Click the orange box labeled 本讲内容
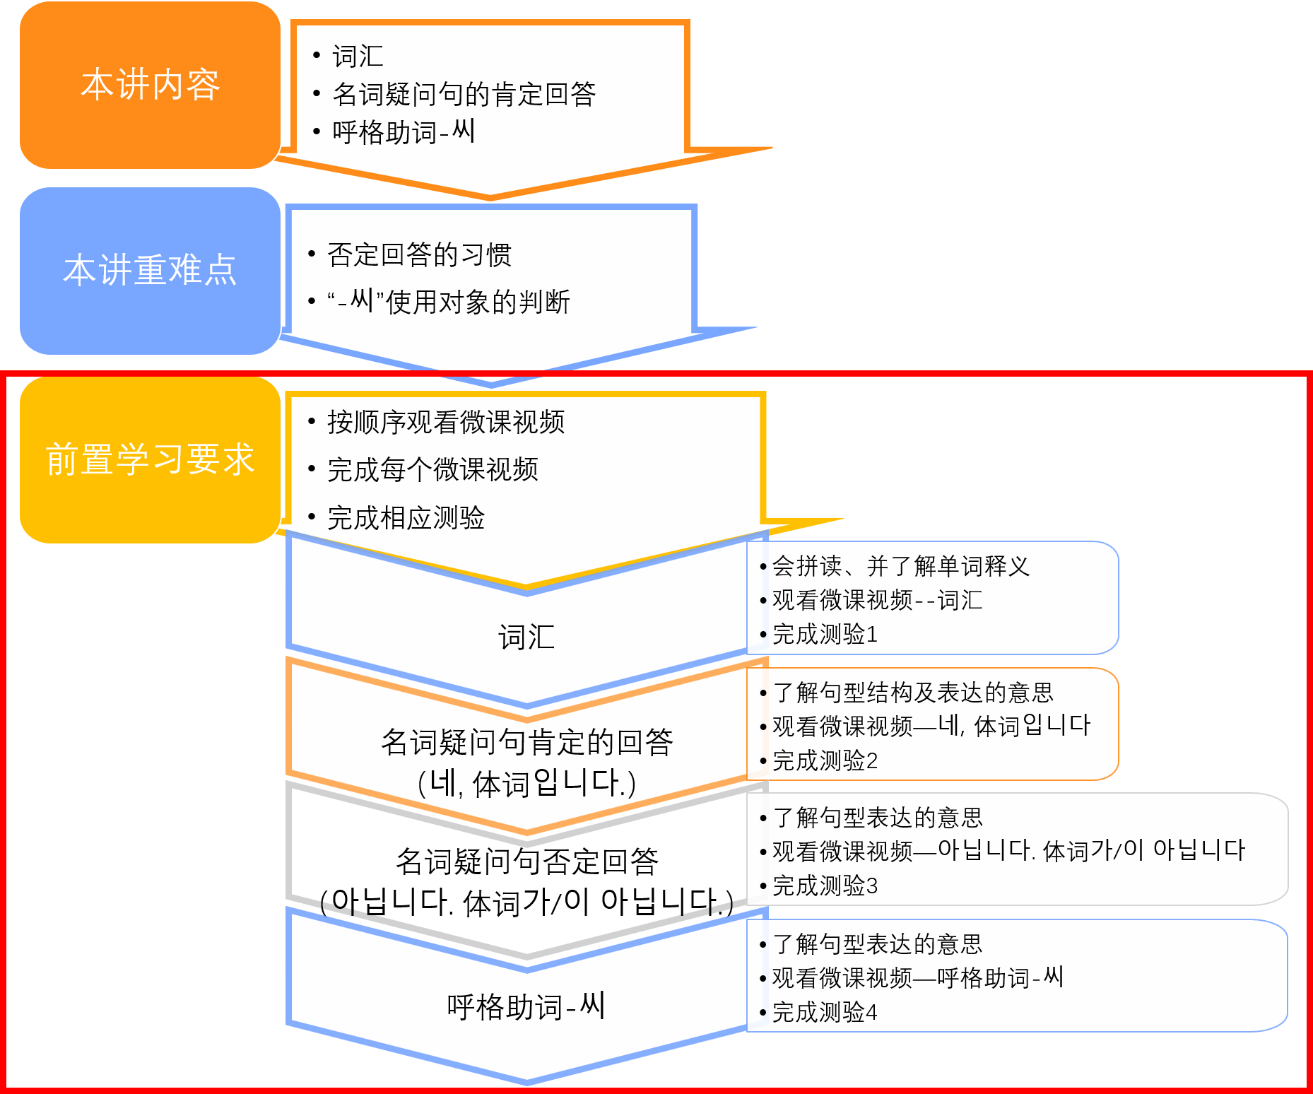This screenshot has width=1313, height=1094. (x=150, y=85)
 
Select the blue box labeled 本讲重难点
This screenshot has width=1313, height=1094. (x=150, y=270)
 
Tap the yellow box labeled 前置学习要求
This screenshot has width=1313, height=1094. (x=150, y=459)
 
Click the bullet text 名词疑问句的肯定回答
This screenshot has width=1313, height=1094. (x=464, y=94)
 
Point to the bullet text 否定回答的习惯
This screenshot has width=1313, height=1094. (x=419, y=255)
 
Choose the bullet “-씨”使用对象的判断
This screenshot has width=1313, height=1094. (x=448, y=302)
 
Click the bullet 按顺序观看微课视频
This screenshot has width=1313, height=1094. (x=445, y=422)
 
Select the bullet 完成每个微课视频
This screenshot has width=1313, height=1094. (x=432, y=469)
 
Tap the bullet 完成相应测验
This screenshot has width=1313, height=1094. (x=406, y=518)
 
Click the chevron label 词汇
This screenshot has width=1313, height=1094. (x=526, y=637)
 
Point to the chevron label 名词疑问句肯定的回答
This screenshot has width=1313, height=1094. (x=526, y=742)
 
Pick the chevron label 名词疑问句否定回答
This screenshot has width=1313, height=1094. (x=526, y=861)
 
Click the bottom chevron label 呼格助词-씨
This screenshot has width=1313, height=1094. (x=526, y=1006)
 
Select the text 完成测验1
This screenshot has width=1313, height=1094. (x=825, y=634)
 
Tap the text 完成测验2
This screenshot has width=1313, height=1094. (x=825, y=760)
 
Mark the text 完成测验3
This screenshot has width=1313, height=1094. (x=825, y=886)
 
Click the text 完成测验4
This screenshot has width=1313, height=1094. (x=825, y=1012)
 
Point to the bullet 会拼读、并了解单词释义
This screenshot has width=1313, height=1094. (x=900, y=565)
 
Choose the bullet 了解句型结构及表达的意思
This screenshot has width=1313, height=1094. (x=913, y=692)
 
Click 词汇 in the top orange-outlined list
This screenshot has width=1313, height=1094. (x=358, y=57)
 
